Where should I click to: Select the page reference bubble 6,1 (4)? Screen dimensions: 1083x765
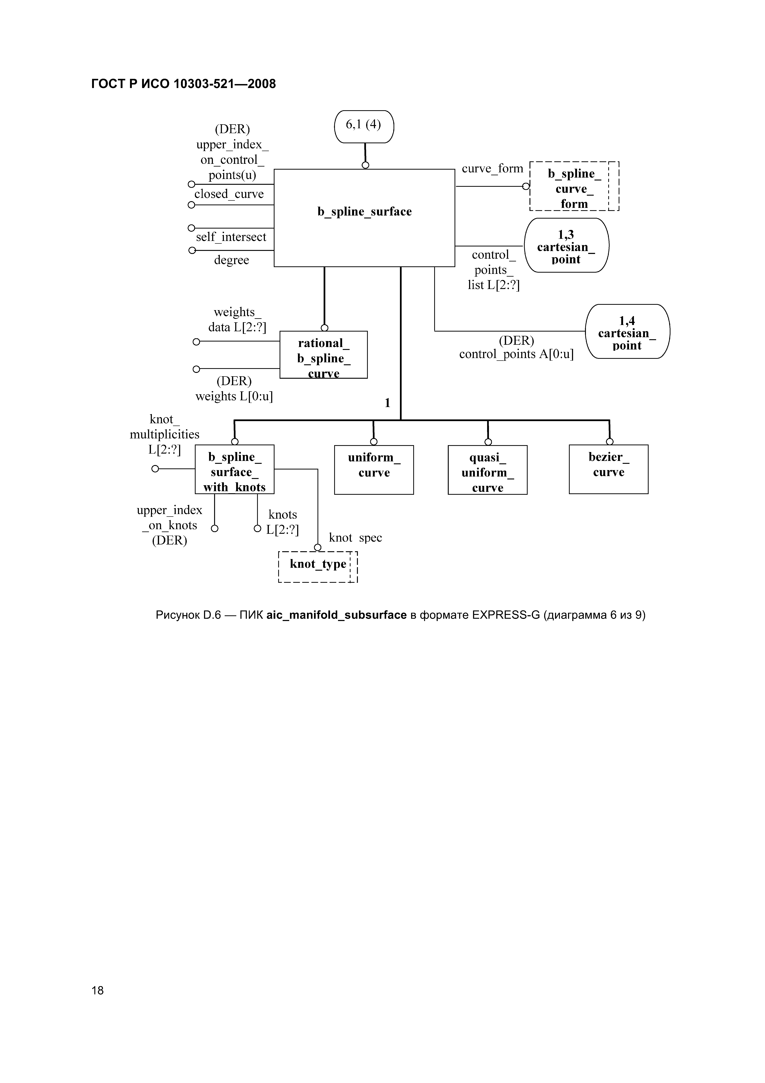point(363,126)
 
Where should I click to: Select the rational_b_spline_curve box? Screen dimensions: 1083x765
point(323,355)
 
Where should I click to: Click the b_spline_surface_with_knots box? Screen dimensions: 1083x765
point(234,469)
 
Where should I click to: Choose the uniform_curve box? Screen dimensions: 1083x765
point(374,470)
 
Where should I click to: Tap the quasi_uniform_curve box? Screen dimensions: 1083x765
point(487,470)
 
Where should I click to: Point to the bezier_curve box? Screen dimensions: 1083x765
point(609,469)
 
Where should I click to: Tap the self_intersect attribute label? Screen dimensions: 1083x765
point(231,237)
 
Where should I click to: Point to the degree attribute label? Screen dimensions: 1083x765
point(231,260)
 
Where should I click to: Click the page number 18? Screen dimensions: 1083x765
point(98,990)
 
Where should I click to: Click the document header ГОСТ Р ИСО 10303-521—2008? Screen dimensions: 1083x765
point(183,84)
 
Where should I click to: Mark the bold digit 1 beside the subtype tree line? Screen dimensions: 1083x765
point(387,403)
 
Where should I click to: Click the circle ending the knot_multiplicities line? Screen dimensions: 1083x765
point(155,469)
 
